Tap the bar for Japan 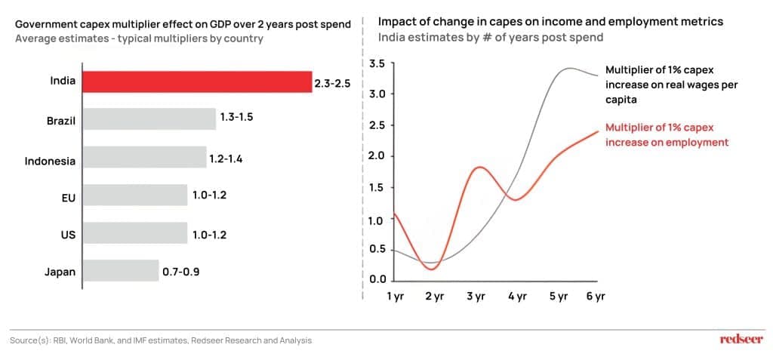(119, 272)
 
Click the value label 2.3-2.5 (332, 83)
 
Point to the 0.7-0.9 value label (181, 272)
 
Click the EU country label (68, 197)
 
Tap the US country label (68, 235)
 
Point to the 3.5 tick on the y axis (376, 64)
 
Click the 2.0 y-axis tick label (376, 156)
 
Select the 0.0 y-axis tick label (376, 279)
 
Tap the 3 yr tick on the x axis (475, 297)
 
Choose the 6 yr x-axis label (596, 297)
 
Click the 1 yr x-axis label (395, 297)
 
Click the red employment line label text (667, 135)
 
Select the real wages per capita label (671, 85)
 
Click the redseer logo (741, 340)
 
